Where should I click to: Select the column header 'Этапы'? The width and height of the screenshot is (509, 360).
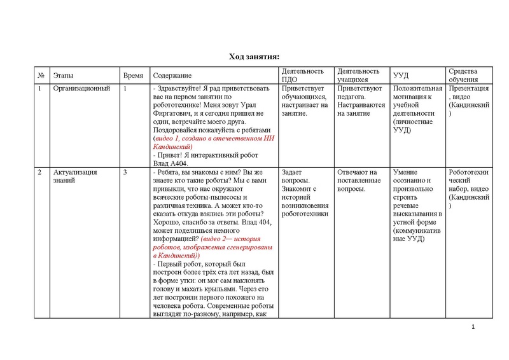coord(63,76)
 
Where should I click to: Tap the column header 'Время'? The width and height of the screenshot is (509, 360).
coord(133,76)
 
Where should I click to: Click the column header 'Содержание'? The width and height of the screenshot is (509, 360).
coord(172,76)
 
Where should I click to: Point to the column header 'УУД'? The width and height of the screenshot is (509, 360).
coord(401,76)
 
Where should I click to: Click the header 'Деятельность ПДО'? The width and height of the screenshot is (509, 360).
coord(303,75)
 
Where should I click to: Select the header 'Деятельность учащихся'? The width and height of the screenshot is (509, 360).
coord(359,75)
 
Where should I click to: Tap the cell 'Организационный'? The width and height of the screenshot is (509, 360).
coord(82,88)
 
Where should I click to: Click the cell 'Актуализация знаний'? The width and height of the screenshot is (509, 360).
coord(71,176)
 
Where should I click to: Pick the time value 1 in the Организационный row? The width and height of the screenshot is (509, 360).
coord(125,88)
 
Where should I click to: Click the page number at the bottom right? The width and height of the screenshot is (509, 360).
coord(473,327)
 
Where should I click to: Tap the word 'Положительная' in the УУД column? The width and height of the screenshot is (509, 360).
coord(418,88)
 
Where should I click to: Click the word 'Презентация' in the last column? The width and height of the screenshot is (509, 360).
coord(469,88)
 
